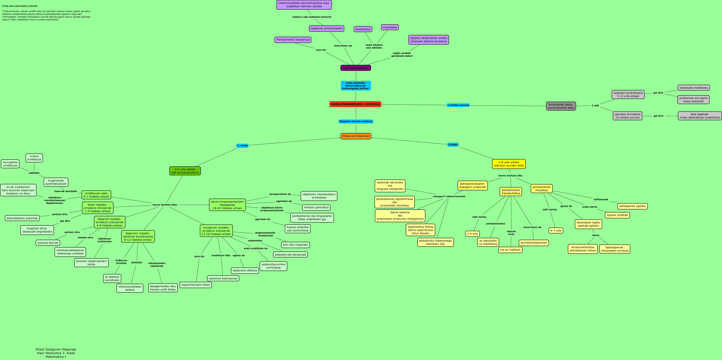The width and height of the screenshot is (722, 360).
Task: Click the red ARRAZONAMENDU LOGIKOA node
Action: [x=355, y=104]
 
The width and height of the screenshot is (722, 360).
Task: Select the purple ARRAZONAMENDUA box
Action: [x=356, y=68]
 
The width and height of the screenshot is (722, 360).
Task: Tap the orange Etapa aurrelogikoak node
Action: [x=356, y=136]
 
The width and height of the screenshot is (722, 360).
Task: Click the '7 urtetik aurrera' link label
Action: [x=458, y=105]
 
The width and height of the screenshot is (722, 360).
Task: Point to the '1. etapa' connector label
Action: [x=242, y=146]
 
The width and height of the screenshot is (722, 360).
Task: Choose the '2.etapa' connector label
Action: [x=453, y=145]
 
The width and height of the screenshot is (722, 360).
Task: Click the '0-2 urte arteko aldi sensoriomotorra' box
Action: [x=185, y=171]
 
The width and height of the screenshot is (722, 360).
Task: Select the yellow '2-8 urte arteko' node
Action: [x=509, y=164]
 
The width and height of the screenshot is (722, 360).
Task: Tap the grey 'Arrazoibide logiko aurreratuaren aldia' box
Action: [x=561, y=106]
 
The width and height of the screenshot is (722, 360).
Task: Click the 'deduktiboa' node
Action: [x=363, y=29]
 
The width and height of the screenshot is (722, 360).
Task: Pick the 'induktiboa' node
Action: [x=390, y=27]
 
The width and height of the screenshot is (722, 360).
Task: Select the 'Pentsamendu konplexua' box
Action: [x=293, y=40]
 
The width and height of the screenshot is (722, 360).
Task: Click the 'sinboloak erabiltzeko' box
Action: [x=694, y=88]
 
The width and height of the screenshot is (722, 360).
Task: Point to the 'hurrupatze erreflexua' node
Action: [x=10, y=164]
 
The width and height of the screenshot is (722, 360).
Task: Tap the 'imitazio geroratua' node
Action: [x=316, y=207]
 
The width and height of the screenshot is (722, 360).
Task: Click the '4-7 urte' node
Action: [x=556, y=230]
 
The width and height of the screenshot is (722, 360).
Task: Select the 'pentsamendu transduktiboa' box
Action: [x=511, y=191]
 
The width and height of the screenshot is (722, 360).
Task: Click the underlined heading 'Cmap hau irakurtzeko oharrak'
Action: [x=20, y=6]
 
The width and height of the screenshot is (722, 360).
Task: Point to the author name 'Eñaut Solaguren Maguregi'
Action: [x=56, y=349]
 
